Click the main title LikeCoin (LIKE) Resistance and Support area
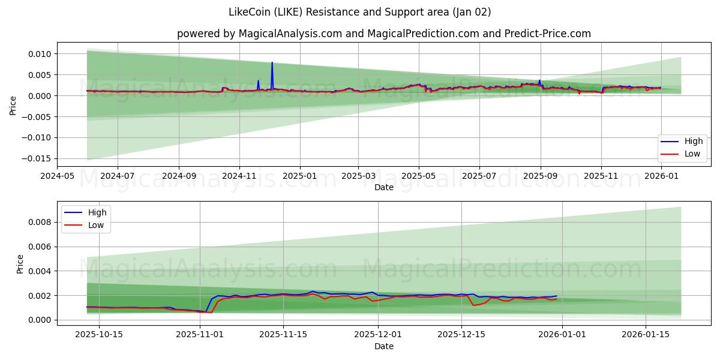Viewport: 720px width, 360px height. click(359, 12)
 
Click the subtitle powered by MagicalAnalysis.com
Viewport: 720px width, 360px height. click(383, 34)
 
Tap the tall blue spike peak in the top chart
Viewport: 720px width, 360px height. click(272, 62)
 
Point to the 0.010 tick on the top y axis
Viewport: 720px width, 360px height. click(40, 54)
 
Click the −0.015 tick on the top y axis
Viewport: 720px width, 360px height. click(37, 158)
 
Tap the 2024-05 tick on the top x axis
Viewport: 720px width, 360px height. click(58, 176)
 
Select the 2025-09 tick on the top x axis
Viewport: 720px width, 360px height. click(540, 176)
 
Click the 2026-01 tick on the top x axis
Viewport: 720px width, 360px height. click(661, 176)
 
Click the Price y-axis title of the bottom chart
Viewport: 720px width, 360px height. click(20, 264)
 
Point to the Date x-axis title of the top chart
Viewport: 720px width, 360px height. click(383, 187)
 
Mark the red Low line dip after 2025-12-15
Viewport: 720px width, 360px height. click(473, 305)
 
